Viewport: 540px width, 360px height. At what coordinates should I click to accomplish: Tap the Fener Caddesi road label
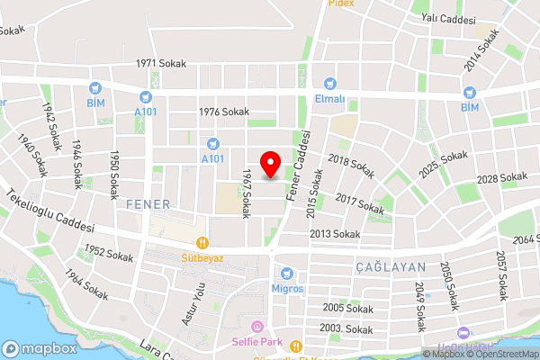coord(300,166)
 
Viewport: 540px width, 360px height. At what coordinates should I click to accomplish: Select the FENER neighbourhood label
coord(148,203)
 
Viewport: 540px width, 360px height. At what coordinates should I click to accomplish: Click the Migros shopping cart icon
coord(287,273)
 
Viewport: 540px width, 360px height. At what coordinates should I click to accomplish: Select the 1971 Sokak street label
coord(159,64)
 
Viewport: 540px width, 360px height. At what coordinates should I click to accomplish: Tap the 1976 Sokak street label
coord(223,112)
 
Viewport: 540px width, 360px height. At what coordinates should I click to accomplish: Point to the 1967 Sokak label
coord(246,192)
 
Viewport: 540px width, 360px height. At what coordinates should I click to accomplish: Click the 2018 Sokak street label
coord(351,166)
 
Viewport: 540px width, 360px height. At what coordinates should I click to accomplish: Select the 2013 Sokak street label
coord(334,234)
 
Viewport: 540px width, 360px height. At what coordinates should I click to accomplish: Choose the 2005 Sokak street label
coord(346,308)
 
